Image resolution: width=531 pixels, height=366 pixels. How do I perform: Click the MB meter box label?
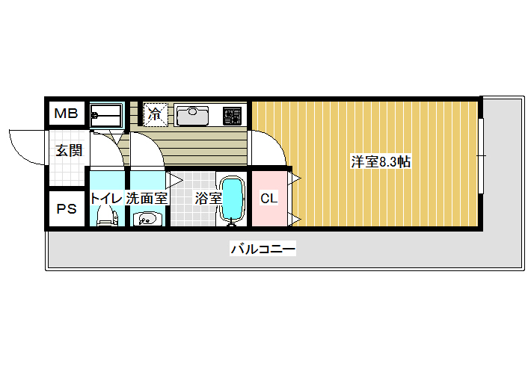click(66, 114)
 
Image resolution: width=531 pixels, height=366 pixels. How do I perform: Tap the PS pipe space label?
click(67, 208)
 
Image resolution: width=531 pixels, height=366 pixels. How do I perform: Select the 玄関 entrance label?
click(69, 150)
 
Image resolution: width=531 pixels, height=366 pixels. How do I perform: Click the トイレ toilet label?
click(106, 198)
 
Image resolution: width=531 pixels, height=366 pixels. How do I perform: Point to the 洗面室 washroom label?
click(147, 198)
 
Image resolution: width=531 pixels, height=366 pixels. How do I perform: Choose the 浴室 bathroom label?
click(208, 198)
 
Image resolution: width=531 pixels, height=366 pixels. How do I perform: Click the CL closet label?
click(269, 198)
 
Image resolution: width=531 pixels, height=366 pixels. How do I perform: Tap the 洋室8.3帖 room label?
click(381, 161)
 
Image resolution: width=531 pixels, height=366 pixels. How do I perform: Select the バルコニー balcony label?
click(263, 249)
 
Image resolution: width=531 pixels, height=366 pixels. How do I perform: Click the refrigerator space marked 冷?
click(155, 114)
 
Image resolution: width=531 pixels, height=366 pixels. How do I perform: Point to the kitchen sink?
click(193, 115)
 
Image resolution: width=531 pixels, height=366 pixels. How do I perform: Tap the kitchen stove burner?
click(233, 116)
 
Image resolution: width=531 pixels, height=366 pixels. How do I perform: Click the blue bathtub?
click(233, 199)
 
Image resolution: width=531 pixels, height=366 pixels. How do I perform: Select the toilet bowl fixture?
click(108, 216)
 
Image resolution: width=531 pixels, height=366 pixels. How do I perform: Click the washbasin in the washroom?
click(147, 219)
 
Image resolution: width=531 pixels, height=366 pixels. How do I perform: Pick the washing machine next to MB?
click(106, 116)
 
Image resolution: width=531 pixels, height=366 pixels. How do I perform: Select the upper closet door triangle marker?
click(294, 179)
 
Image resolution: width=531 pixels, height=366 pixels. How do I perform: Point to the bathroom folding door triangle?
click(174, 180)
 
